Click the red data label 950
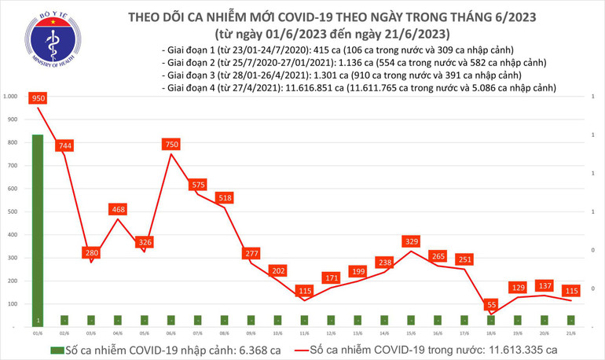tap(38, 98)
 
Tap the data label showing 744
tap(64, 145)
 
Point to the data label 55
tap(491, 304)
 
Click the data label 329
tap(412, 241)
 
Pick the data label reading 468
tap(118, 209)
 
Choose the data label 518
tap(225, 198)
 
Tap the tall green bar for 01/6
tap(38, 228)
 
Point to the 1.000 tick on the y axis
tap(10, 97)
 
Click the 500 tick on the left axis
tap(12, 211)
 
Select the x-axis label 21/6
tap(571, 332)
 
